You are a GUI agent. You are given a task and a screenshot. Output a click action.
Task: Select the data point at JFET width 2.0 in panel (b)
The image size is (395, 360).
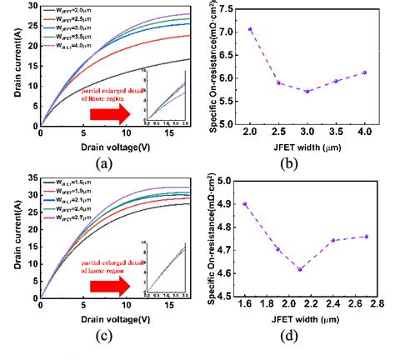pyautogui.click(x=250, y=29)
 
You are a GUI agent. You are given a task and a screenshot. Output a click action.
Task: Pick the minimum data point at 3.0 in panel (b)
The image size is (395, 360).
pyautogui.click(x=307, y=91)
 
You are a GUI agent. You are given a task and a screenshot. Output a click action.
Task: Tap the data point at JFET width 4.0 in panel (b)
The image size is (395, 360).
pyautogui.click(x=363, y=72)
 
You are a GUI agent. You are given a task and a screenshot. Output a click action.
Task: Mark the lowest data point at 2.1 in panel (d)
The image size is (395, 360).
pyautogui.click(x=299, y=269)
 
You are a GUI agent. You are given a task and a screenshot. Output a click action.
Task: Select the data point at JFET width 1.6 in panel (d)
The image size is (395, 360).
pyautogui.click(x=245, y=204)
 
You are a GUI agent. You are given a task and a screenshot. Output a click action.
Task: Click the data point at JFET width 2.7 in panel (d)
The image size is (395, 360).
pyautogui.click(x=366, y=236)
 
